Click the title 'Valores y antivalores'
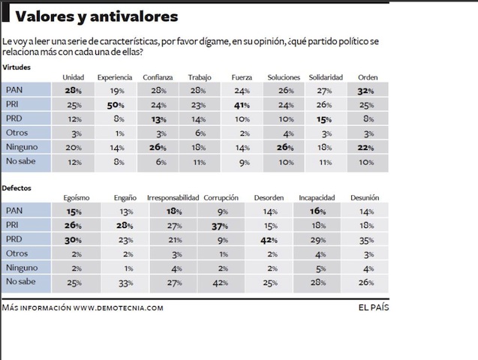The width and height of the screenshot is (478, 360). pos(96,16)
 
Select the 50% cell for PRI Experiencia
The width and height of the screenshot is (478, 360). pos(116,106)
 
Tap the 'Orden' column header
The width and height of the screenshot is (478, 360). pos(368,77)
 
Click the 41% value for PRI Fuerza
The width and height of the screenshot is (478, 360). pos(242,106)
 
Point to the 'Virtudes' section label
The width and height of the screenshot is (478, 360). pos(17,67)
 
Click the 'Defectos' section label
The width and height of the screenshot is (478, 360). pos(17,188)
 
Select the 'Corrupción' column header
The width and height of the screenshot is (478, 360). pos(221,198)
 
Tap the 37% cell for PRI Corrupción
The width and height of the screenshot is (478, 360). pos(220,226)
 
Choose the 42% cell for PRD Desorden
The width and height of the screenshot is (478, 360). pos(269,241)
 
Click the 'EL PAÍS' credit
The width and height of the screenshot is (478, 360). pos(374,307)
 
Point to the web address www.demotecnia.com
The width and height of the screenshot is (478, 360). pos(119,308)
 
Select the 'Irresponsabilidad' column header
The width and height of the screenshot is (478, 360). pos(173,198)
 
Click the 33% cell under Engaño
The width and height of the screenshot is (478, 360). pos(126,283)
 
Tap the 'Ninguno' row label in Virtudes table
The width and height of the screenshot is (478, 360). pos(22,147)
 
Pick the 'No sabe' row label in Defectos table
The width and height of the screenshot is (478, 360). pos(21,281)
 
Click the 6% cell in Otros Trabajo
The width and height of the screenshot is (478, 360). pos(200,133)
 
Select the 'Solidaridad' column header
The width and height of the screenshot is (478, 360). pos(326,77)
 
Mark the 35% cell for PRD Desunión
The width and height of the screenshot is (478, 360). pos(367,241)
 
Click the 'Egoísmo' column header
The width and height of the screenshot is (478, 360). pos(77,198)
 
